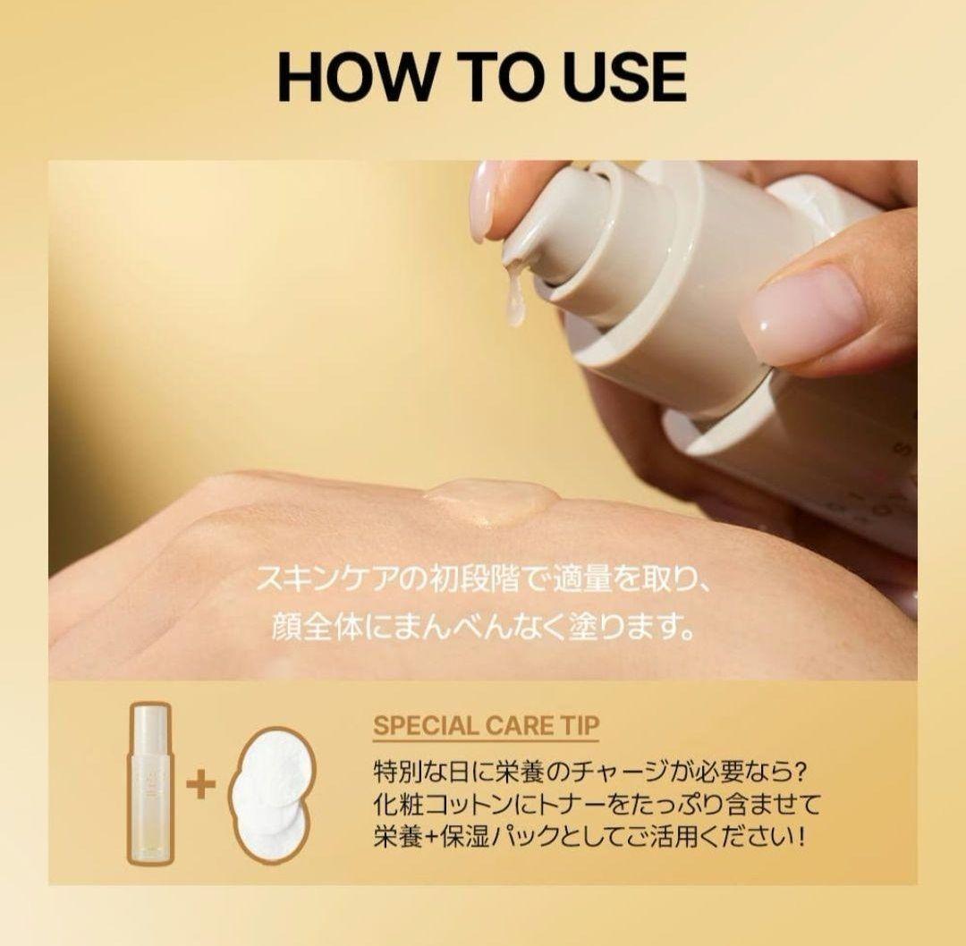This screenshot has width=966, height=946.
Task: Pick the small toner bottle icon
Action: (148, 781)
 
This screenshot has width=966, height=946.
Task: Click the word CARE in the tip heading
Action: (518, 724)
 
